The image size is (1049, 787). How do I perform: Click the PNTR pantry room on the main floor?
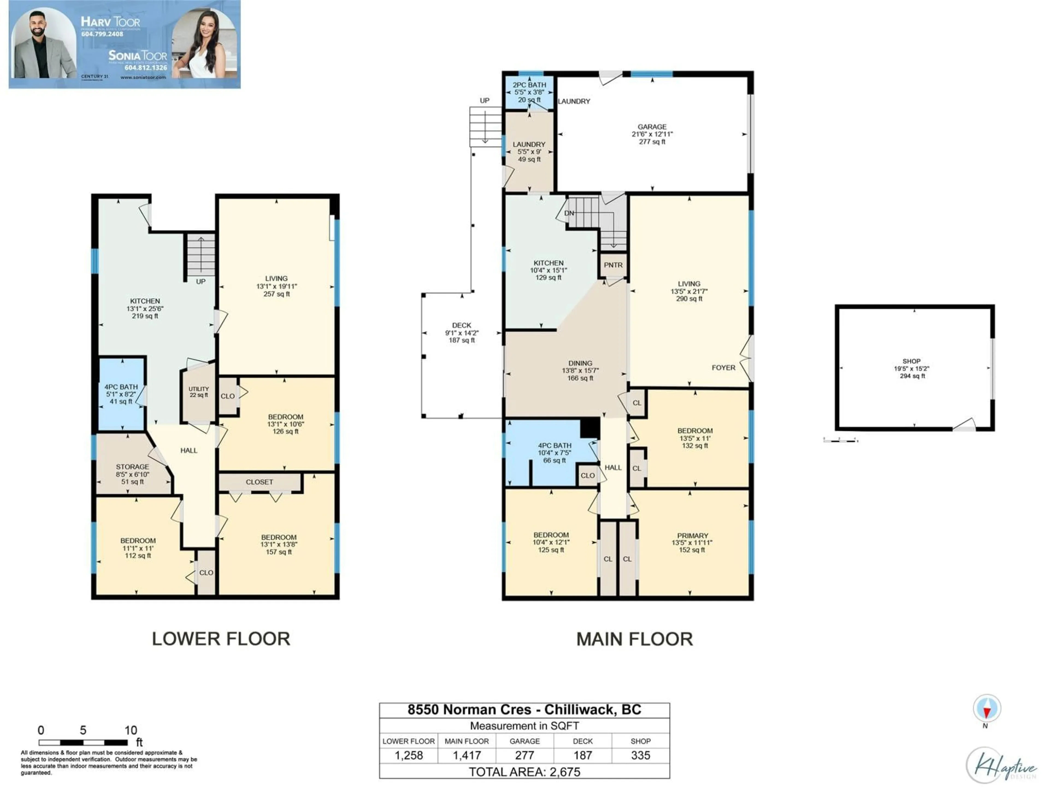pos(613,265)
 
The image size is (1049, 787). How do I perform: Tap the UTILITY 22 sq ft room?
pos(198,392)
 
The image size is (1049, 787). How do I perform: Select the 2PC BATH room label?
pos(529,85)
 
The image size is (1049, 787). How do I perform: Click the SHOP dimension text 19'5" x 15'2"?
pos(912,369)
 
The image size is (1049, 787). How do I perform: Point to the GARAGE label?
pos(652,127)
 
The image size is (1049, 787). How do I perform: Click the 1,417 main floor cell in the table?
pos(467,756)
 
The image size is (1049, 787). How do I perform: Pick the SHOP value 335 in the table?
pos(640,756)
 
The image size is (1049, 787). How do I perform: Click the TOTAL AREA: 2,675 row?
pos(524,772)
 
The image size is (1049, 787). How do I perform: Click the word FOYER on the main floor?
pos(723,368)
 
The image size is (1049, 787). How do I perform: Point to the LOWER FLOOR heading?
pos(221,639)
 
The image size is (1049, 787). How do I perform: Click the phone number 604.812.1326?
pos(146,68)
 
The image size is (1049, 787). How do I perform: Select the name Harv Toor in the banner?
pos(110,22)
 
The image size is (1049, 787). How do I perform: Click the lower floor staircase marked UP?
pos(201,256)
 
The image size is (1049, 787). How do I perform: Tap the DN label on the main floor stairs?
pos(569,213)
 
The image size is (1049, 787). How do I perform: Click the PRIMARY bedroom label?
pos(693,536)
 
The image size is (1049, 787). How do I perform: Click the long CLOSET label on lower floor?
pos(260,482)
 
